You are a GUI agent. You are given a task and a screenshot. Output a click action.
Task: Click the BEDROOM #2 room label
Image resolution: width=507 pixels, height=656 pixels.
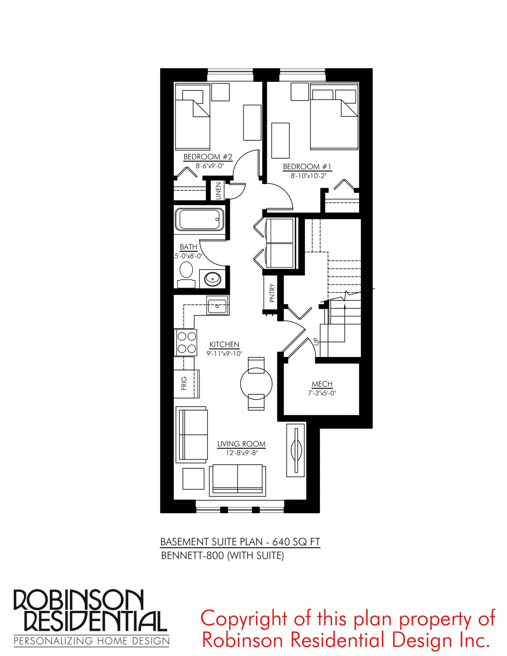208,157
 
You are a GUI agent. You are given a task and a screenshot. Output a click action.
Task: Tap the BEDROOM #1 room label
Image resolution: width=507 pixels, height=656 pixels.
307,167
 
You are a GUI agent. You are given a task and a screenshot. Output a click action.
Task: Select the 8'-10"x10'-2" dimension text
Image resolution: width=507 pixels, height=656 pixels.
309,175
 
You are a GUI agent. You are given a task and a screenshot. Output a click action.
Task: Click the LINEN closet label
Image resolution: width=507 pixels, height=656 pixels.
218,191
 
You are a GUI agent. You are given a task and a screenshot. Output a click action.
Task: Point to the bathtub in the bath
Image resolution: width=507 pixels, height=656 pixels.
200,219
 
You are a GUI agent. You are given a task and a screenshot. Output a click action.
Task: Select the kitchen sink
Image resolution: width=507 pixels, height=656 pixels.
217,305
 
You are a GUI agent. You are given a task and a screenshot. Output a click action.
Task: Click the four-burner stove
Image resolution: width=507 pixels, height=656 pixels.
187,342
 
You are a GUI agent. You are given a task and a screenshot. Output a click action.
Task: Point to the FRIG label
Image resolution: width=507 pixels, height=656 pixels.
184,383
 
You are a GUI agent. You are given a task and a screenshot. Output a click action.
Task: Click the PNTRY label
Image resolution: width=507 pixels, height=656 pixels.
272,293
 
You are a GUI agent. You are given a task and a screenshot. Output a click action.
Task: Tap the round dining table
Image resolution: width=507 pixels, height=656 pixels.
256,383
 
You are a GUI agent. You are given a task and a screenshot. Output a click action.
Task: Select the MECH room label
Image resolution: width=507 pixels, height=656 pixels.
322,384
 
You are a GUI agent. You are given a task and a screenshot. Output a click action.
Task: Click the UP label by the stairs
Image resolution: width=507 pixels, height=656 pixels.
316,341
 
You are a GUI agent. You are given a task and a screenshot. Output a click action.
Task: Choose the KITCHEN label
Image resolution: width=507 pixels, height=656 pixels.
224,345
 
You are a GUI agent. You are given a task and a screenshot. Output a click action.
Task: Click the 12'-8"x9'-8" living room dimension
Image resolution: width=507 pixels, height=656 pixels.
242,453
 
